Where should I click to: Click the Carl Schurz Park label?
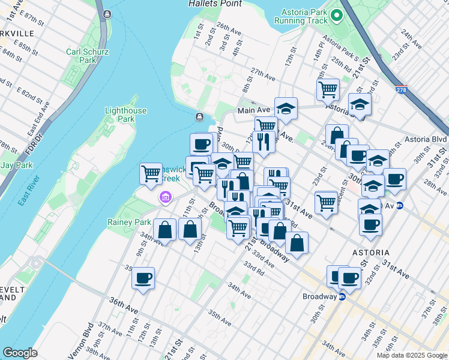point(88,56)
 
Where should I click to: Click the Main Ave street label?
point(254,110)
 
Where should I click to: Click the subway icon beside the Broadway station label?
point(342,296)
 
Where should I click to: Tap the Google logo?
point(20,353)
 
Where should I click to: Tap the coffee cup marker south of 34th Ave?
point(143,278)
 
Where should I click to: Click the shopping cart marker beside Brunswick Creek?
point(151,174)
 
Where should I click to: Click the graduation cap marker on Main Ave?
point(286,109)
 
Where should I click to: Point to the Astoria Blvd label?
point(426,139)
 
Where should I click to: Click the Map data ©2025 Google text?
point(412,355)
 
